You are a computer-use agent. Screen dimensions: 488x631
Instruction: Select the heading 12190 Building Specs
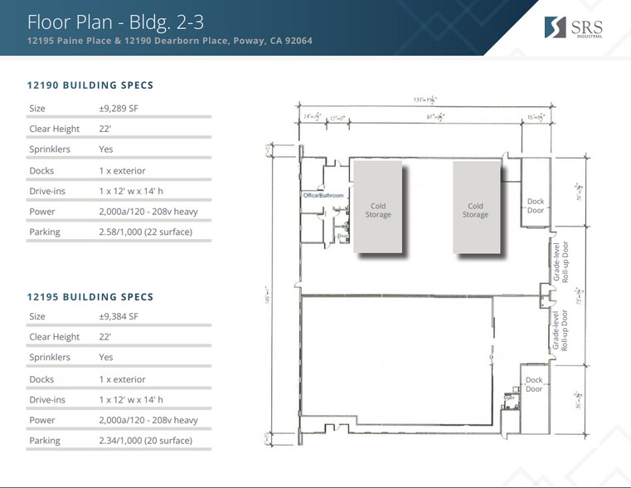tap(90, 85)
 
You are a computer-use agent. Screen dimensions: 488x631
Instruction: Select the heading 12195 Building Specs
tap(90, 296)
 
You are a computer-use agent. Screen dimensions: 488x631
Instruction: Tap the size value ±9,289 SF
tap(118, 109)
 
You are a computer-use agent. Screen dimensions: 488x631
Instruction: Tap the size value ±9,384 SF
tap(118, 316)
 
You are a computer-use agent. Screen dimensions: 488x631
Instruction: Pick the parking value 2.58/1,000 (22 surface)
tap(145, 232)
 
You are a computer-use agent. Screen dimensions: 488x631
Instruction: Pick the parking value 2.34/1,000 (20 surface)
tap(145, 441)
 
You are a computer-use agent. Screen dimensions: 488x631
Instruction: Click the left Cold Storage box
tap(378, 209)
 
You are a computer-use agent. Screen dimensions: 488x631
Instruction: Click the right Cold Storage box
tap(475, 209)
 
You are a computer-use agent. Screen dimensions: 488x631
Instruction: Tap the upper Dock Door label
tap(535, 206)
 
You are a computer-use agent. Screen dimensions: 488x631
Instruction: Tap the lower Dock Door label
tap(534, 385)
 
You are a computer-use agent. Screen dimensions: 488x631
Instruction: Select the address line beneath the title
tap(169, 41)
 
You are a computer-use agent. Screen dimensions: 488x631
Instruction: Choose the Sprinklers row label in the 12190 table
tap(49, 149)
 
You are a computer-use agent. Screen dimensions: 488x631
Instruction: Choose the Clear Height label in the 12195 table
tap(54, 337)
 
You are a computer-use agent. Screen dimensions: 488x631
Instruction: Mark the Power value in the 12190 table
tap(148, 212)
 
